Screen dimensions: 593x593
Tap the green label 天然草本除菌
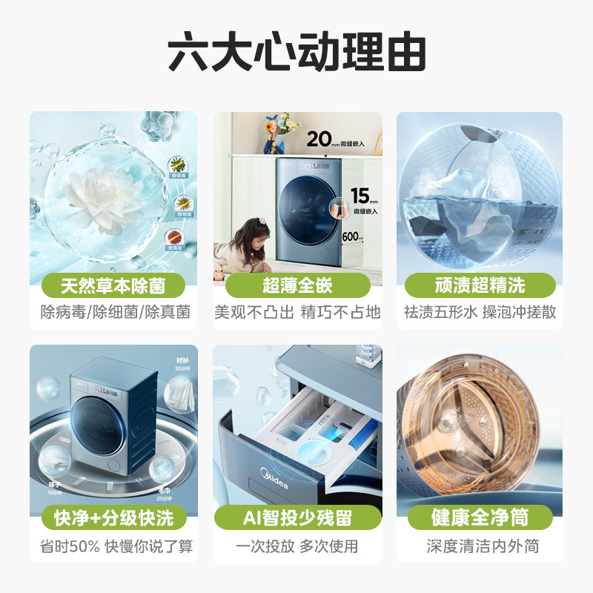tap(113, 285)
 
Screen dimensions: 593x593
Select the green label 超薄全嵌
tap(297, 285)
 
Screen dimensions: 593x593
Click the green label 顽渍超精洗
tap(480, 285)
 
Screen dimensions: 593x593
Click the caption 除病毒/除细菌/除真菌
tap(113, 312)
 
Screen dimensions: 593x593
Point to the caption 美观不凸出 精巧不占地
tap(297, 312)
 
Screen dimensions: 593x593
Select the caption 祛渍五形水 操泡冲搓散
tap(480, 312)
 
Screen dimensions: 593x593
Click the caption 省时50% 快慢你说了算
tap(113, 546)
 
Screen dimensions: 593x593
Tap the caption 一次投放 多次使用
tap(297, 546)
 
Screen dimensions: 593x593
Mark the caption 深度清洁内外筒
tap(480, 546)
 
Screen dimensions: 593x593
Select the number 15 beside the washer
tap(360, 196)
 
